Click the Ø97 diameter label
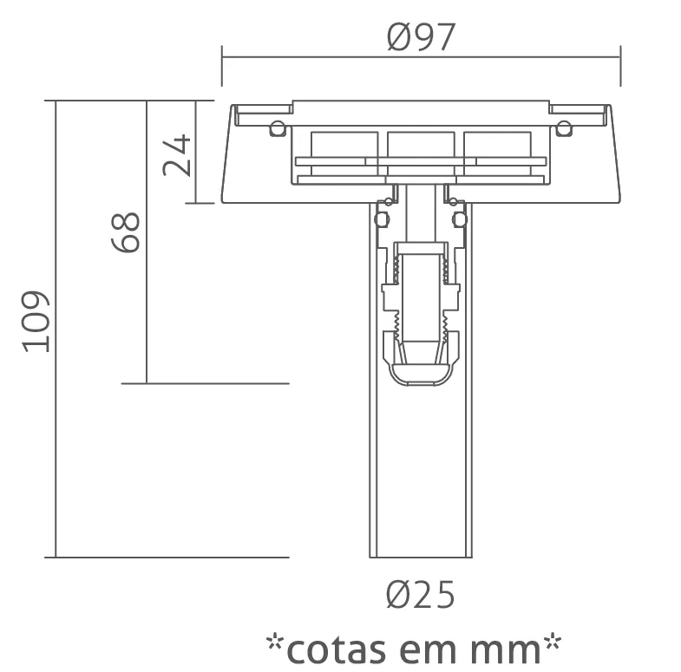(x=421, y=37)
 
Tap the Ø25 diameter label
(x=421, y=594)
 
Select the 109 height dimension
(x=36, y=321)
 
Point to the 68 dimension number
(x=126, y=232)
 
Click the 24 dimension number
(x=177, y=155)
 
